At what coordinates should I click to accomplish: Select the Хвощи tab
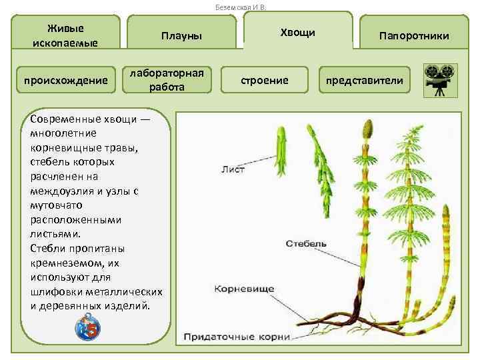(x=298, y=32)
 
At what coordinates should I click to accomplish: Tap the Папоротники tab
(x=414, y=35)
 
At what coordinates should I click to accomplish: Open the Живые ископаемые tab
(x=65, y=35)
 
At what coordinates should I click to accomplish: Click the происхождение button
(x=65, y=81)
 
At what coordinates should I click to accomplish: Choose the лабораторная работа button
(x=171, y=79)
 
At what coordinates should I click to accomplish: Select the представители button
(x=364, y=81)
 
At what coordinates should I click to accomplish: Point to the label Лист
(x=233, y=169)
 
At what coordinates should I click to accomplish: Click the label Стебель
(x=306, y=243)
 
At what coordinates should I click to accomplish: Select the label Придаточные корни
(x=237, y=337)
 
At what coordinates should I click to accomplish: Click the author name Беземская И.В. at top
(x=240, y=7)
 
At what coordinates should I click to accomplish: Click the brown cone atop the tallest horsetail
(x=366, y=128)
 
